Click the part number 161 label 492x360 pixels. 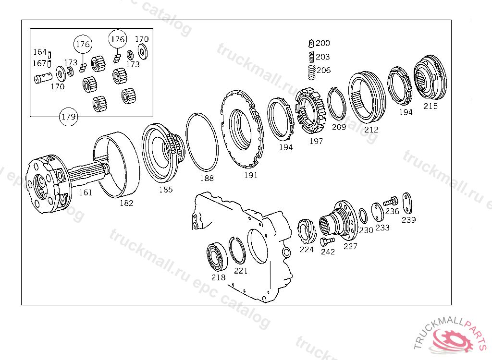pyautogui.click(x=85, y=192)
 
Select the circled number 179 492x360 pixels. pyautogui.click(x=68, y=117)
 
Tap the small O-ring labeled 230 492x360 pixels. pyautogui.click(x=363, y=216)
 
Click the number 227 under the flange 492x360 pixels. pyautogui.click(x=350, y=246)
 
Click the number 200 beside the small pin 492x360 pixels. pyautogui.click(x=323, y=43)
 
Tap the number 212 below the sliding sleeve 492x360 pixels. pyautogui.click(x=371, y=129)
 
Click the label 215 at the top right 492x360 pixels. pyautogui.click(x=430, y=106)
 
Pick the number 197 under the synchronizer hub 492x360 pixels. pyautogui.click(x=316, y=141)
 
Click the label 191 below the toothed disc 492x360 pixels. pyautogui.click(x=250, y=175)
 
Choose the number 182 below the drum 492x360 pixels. pyautogui.click(x=126, y=203)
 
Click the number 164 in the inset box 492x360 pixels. pyautogui.click(x=39, y=52)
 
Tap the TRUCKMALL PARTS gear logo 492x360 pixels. pyautogui.click(x=453, y=338)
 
